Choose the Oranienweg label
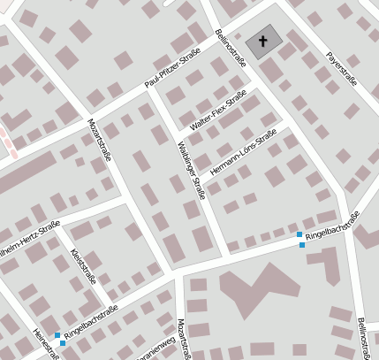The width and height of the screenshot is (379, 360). (155, 348)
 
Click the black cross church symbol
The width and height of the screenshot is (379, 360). (261, 41)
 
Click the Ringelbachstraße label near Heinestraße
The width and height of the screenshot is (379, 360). (91, 323)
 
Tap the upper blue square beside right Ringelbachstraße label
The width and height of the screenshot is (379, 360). (299, 234)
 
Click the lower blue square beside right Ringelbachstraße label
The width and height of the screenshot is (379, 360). (302, 245)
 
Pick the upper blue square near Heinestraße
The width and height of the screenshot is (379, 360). (57, 335)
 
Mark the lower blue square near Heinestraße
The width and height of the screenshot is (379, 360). (62, 343)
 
